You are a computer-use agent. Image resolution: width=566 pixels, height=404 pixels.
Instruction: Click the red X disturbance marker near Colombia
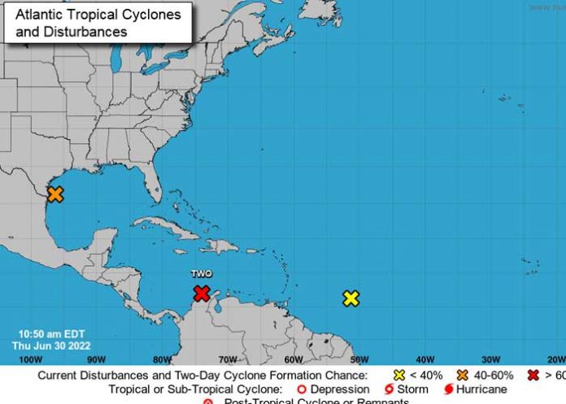(202, 293)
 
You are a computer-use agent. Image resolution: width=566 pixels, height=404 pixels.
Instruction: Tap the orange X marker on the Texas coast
(55, 194)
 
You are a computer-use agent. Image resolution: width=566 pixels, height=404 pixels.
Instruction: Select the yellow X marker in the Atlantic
(350, 298)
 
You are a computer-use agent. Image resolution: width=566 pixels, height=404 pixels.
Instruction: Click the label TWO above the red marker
(202, 275)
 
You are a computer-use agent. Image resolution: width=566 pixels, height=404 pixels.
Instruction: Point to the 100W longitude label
(30, 359)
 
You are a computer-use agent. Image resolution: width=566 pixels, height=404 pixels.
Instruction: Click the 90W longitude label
(96, 359)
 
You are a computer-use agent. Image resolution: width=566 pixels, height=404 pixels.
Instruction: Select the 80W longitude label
(162, 359)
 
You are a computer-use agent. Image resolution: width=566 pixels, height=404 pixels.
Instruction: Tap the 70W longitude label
(228, 359)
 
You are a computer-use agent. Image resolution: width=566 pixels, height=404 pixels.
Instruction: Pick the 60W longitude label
(294, 359)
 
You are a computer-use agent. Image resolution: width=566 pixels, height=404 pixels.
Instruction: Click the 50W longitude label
(359, 359)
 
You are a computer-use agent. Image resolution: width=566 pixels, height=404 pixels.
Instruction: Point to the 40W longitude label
(424, 359)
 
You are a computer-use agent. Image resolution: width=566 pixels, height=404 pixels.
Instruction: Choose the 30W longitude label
(490, 359)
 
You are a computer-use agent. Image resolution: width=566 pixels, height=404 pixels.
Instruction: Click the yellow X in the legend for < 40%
(399, 376)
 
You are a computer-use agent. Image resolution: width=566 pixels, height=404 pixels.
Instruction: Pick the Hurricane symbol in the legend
(448, 389)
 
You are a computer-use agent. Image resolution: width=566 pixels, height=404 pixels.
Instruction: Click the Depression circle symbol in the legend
(302, 389)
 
